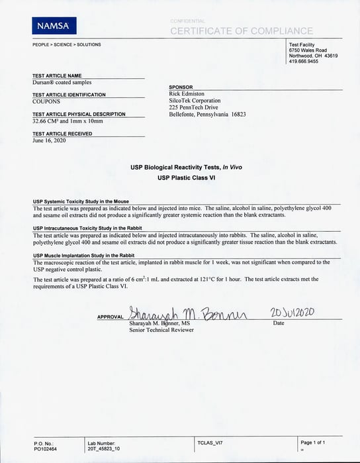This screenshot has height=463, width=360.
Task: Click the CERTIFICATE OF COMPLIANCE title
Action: (242, 31)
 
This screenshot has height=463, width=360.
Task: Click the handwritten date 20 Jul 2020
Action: (296, 311)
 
